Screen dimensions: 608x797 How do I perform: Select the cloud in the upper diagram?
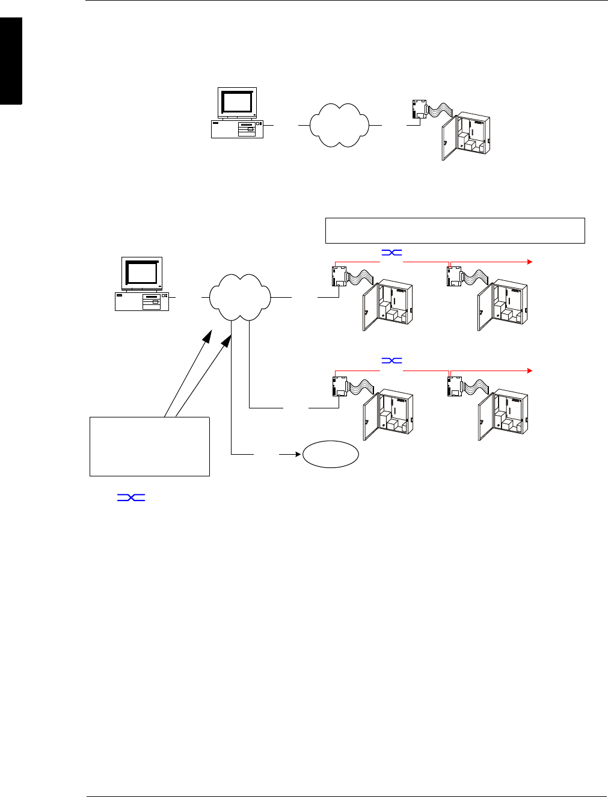pos(339,125)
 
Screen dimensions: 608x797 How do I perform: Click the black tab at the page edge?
pos(11,61)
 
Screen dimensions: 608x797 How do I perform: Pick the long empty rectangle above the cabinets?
pos(455,230)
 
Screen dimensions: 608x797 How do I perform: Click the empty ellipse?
pos(330,454)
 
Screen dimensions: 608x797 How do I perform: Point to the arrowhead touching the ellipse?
pos(297,454)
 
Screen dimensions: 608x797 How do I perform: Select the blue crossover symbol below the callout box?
pos(131,497)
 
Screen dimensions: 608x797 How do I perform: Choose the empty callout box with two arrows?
pos(150,446)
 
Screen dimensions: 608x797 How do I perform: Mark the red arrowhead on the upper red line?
pos(530,262)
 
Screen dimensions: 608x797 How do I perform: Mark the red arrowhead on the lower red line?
pos(530,371)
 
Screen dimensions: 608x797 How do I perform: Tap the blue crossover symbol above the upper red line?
pos(392,253)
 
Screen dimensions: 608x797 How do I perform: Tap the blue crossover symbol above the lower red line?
pos(392,360)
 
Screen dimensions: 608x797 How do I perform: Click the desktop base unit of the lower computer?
pos(142,301)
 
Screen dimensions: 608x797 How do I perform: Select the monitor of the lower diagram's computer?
pos(142,274)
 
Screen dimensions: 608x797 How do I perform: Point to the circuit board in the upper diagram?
pos(419,109)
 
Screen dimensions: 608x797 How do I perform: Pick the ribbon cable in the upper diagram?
pos(441,110)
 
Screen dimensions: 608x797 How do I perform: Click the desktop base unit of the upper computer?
pos(237,129)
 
